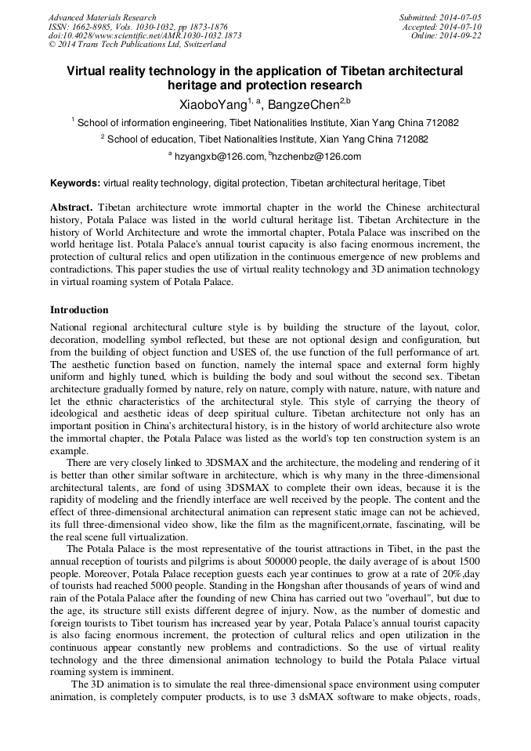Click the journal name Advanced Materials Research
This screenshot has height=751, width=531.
pos(102,17)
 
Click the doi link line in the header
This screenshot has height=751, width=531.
pos(144,36)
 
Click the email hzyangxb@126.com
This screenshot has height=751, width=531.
pos(219,157)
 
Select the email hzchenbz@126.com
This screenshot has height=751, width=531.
pos(317,157)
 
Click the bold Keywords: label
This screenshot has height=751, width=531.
pos(75,184)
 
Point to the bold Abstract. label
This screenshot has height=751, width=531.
pos(72,208)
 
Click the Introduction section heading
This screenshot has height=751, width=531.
pos(79,310)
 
